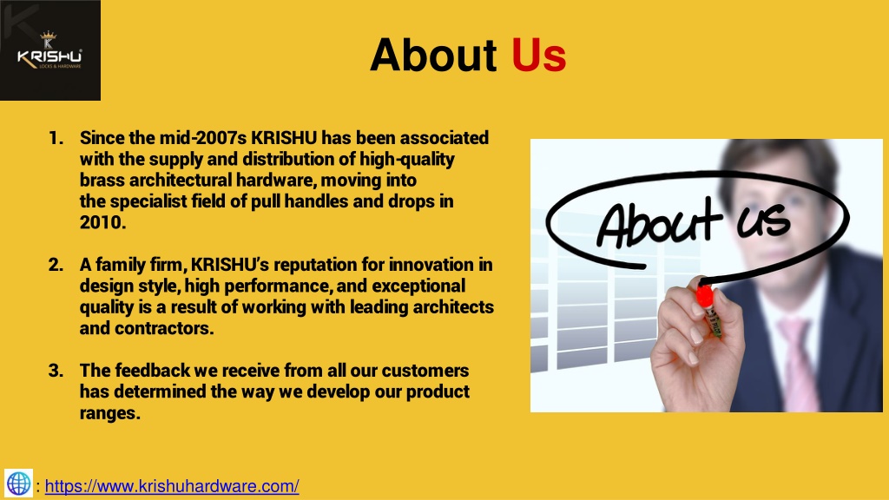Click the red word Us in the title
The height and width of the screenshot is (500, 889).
[x=538, y=56]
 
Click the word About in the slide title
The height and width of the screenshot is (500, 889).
[x=432, y=56]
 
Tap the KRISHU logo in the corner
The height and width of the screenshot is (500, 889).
[x=49, y=51]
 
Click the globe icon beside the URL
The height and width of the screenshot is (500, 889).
[x=18, y=484]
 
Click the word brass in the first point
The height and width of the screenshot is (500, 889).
[x=101, y=181]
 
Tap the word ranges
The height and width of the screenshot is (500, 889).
[x=109, y=414]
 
